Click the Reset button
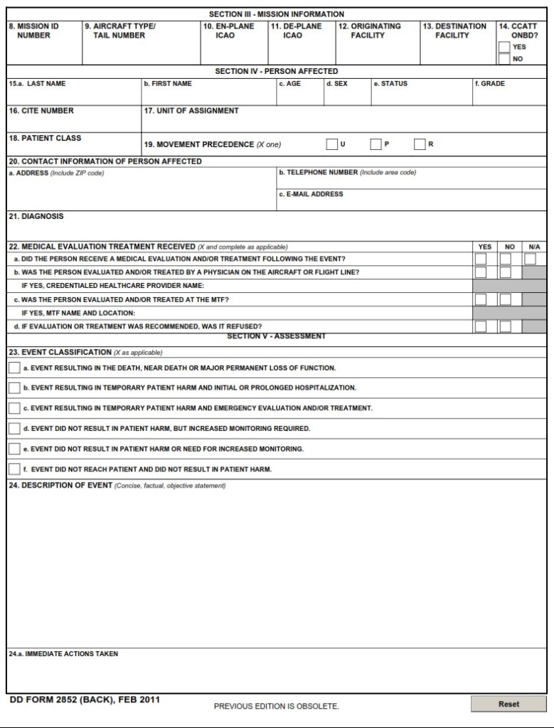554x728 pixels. [x=508, y=704]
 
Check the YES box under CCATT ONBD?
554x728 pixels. [x=504, y=47]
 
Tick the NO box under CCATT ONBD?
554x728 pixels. [x=504, y=59]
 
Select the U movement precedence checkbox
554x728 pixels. [x=331, y=144]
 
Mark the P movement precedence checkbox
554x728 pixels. [x=375, y=144]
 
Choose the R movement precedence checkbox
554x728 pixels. [x=420, y=144]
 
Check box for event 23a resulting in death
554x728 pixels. [x=14, y=368]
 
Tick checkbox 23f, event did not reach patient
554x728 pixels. [x=14, y=469]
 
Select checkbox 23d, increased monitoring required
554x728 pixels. [x=14, y=429]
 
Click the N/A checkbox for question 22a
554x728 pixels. [x=530, y=259]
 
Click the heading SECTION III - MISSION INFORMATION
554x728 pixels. [x=277, y=14]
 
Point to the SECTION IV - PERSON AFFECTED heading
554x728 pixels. [x=277, y=71]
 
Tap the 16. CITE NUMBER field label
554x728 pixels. [x=41, y=111]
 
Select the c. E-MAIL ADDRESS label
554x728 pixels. [x=311, y=194]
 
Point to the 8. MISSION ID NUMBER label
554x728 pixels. [x=33, y=31]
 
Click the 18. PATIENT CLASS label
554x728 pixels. [x=45, y=138]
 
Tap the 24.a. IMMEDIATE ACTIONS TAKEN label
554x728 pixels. [x=63, y=654]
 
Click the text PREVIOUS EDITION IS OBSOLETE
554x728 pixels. [x=277, y=706]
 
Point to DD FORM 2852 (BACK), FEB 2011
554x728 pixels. [x=85, y=700]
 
